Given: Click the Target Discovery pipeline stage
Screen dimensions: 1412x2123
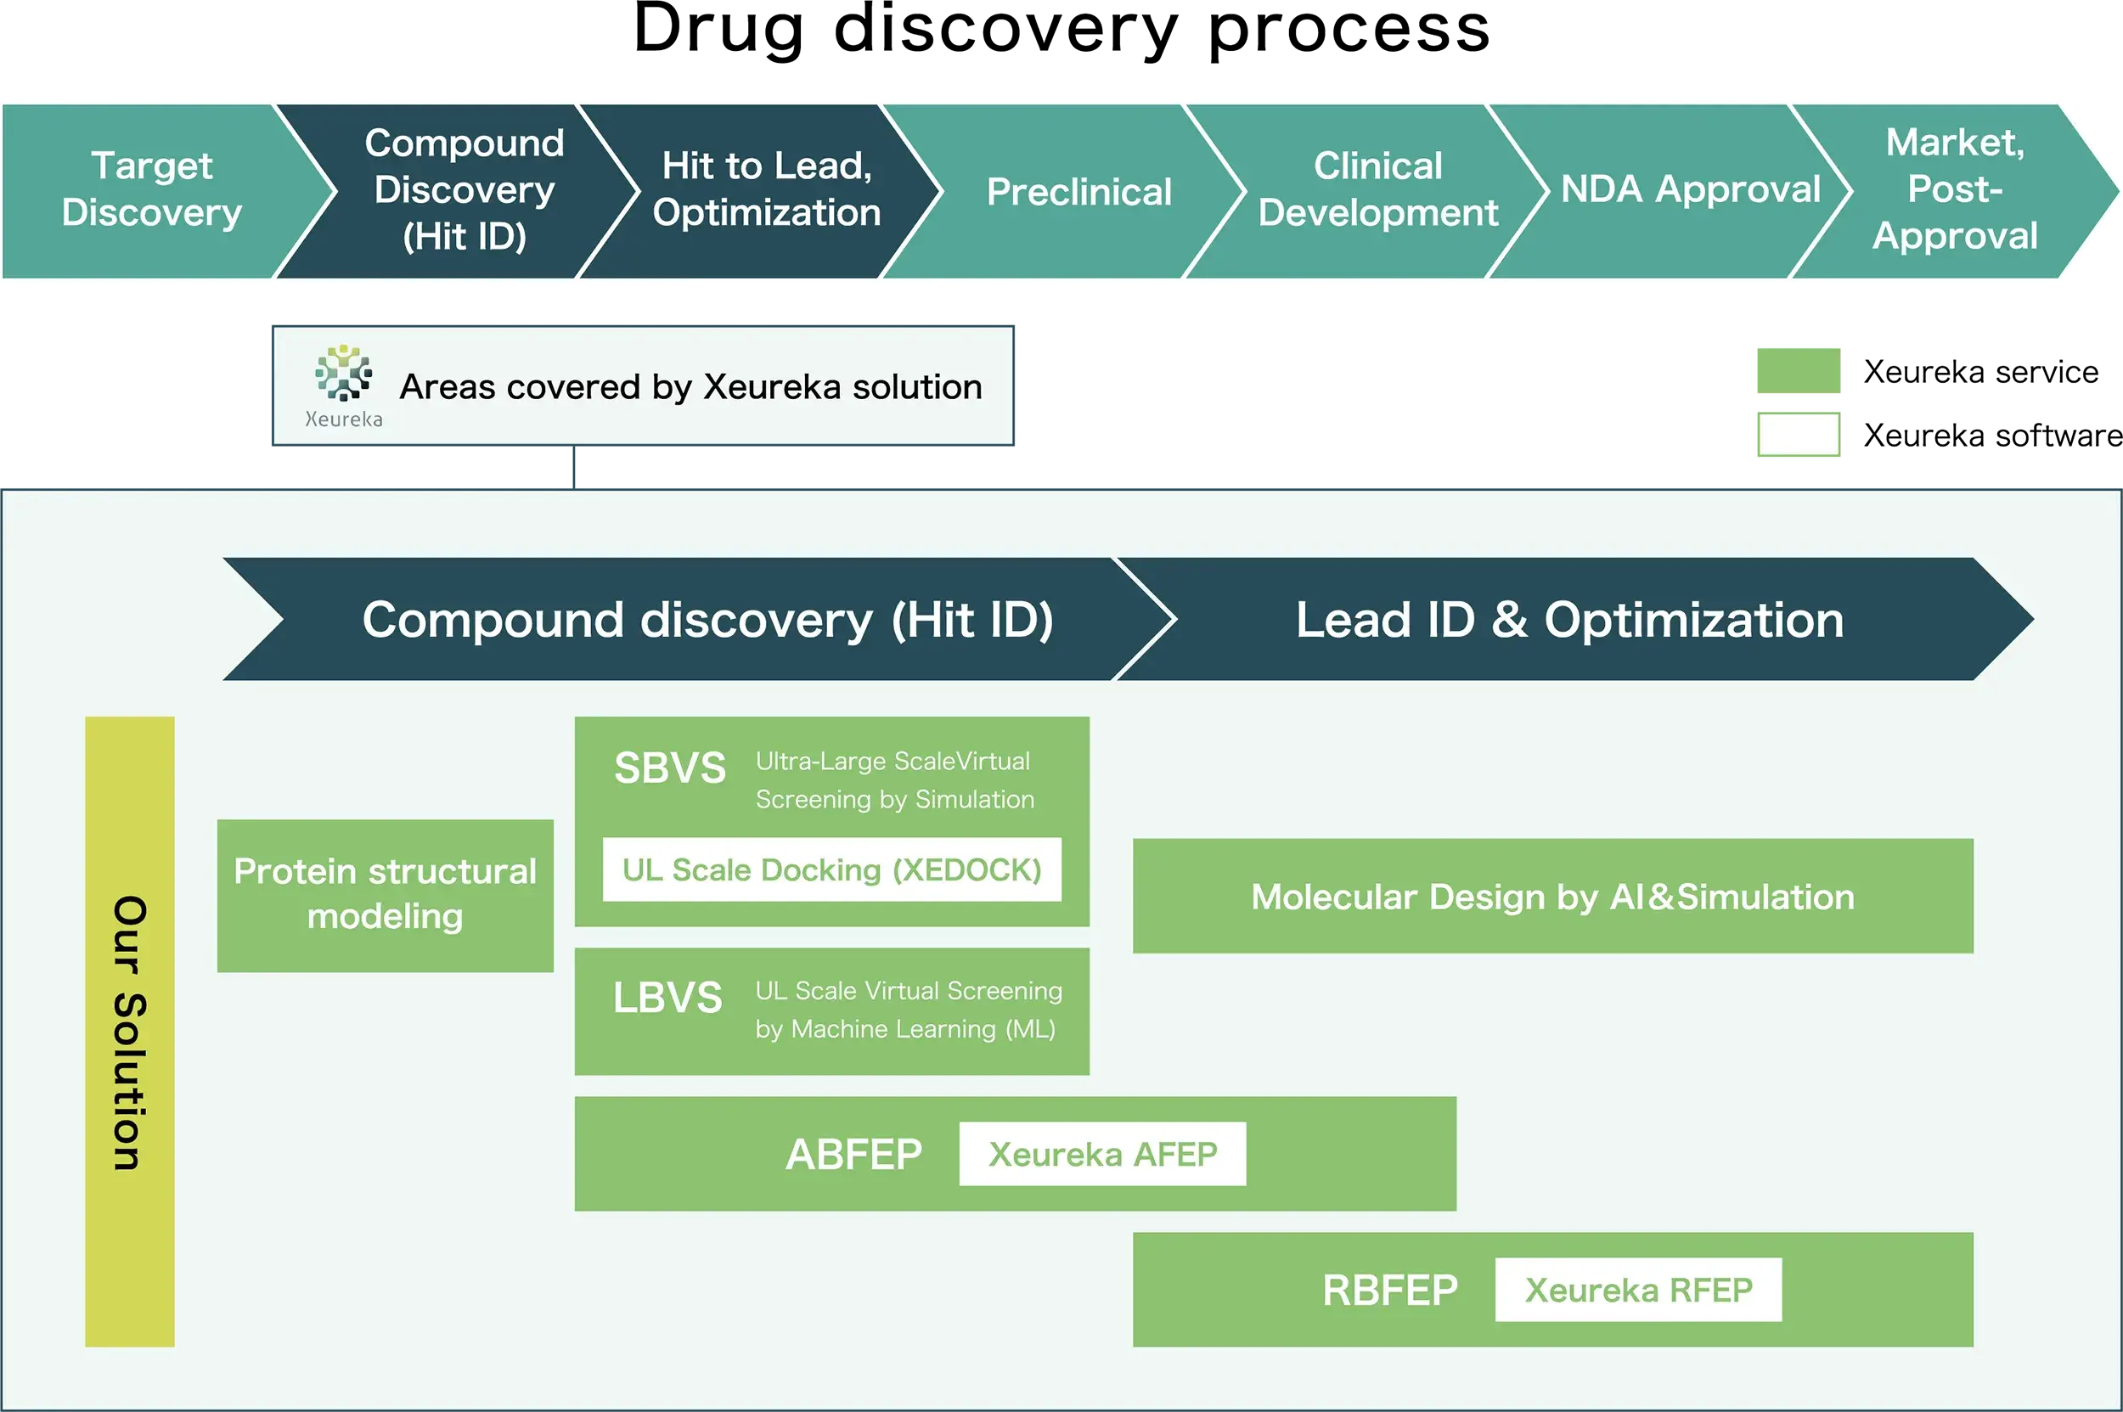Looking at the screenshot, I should (x=151, y=190).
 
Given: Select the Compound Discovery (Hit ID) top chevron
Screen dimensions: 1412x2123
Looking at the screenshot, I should (x=464, y=190).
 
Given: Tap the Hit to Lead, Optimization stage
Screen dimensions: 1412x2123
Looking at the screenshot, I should (x=767, y=190).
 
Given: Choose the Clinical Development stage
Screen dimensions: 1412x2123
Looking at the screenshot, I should (x=1377, y=190).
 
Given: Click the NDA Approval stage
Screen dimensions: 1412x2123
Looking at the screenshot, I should (x=1690, y=190).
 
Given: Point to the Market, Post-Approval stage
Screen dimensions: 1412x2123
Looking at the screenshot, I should (x=1955, y=190).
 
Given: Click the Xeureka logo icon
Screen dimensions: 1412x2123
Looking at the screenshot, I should (x=343, y=373).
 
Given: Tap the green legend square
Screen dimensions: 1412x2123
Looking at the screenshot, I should (x=1795, y=370).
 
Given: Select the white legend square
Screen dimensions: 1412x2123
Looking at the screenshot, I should (x=1795, y=434).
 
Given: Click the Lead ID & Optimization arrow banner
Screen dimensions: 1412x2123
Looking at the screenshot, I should (x=1569, y=620).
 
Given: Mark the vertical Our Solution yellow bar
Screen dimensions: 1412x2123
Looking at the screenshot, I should (x=130, y=1031).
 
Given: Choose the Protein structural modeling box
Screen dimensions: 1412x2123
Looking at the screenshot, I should (x=385, y=894).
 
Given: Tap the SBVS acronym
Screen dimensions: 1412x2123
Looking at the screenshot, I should (x=669, y=768).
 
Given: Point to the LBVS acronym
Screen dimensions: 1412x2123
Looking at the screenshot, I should (x=667, y=998).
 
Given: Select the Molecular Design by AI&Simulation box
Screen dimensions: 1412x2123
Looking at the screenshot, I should (x=1552, y=896).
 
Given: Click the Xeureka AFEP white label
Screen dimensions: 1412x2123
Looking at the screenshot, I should (x=1101, y=1154).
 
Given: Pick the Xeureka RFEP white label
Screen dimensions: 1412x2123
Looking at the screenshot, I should (x=1637, y=1290).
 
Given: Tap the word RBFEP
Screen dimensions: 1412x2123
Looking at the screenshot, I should (x=1389, y=1290).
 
